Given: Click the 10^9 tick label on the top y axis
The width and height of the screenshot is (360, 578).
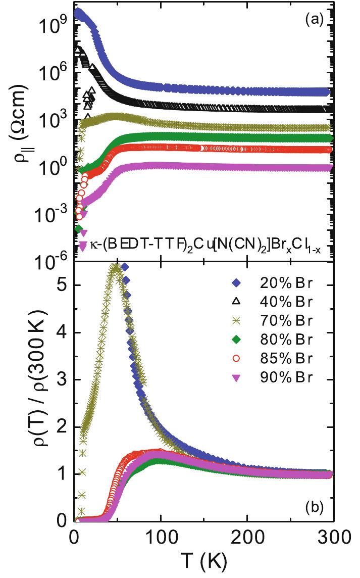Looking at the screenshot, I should click(x=54, y=23).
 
